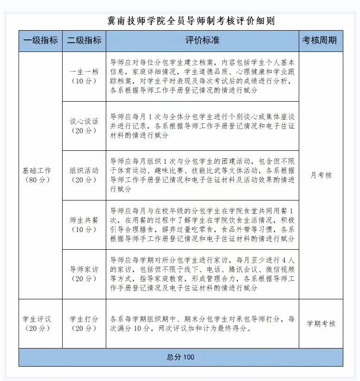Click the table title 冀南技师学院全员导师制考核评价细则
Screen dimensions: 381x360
click(190, 20)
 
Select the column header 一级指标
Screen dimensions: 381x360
click(40, 40)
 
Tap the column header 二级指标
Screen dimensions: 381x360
click(84, 40)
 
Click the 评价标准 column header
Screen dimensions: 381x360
click(202, 40)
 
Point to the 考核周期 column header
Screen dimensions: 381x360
click(320, 40)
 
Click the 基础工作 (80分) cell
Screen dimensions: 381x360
click(40, 175)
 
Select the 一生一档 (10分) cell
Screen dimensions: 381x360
click(84, 76)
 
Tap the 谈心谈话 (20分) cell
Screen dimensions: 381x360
click(84, 126)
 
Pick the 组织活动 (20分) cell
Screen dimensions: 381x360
click(84, 175)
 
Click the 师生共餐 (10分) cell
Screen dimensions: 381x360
click(84, 225)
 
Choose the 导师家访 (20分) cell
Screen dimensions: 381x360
click(84, 274)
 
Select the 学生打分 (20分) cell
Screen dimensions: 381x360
click(84, 323)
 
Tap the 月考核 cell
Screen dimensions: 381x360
click(321, 175)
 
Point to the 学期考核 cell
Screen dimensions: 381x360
click(321, 323)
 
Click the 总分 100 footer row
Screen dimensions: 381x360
click(181, 357)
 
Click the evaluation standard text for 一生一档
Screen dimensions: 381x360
click(202, 76)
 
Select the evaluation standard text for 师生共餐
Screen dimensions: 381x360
click(202, 225)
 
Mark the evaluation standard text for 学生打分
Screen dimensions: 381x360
click(202, 324)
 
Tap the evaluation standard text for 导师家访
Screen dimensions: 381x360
click(202, 274)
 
